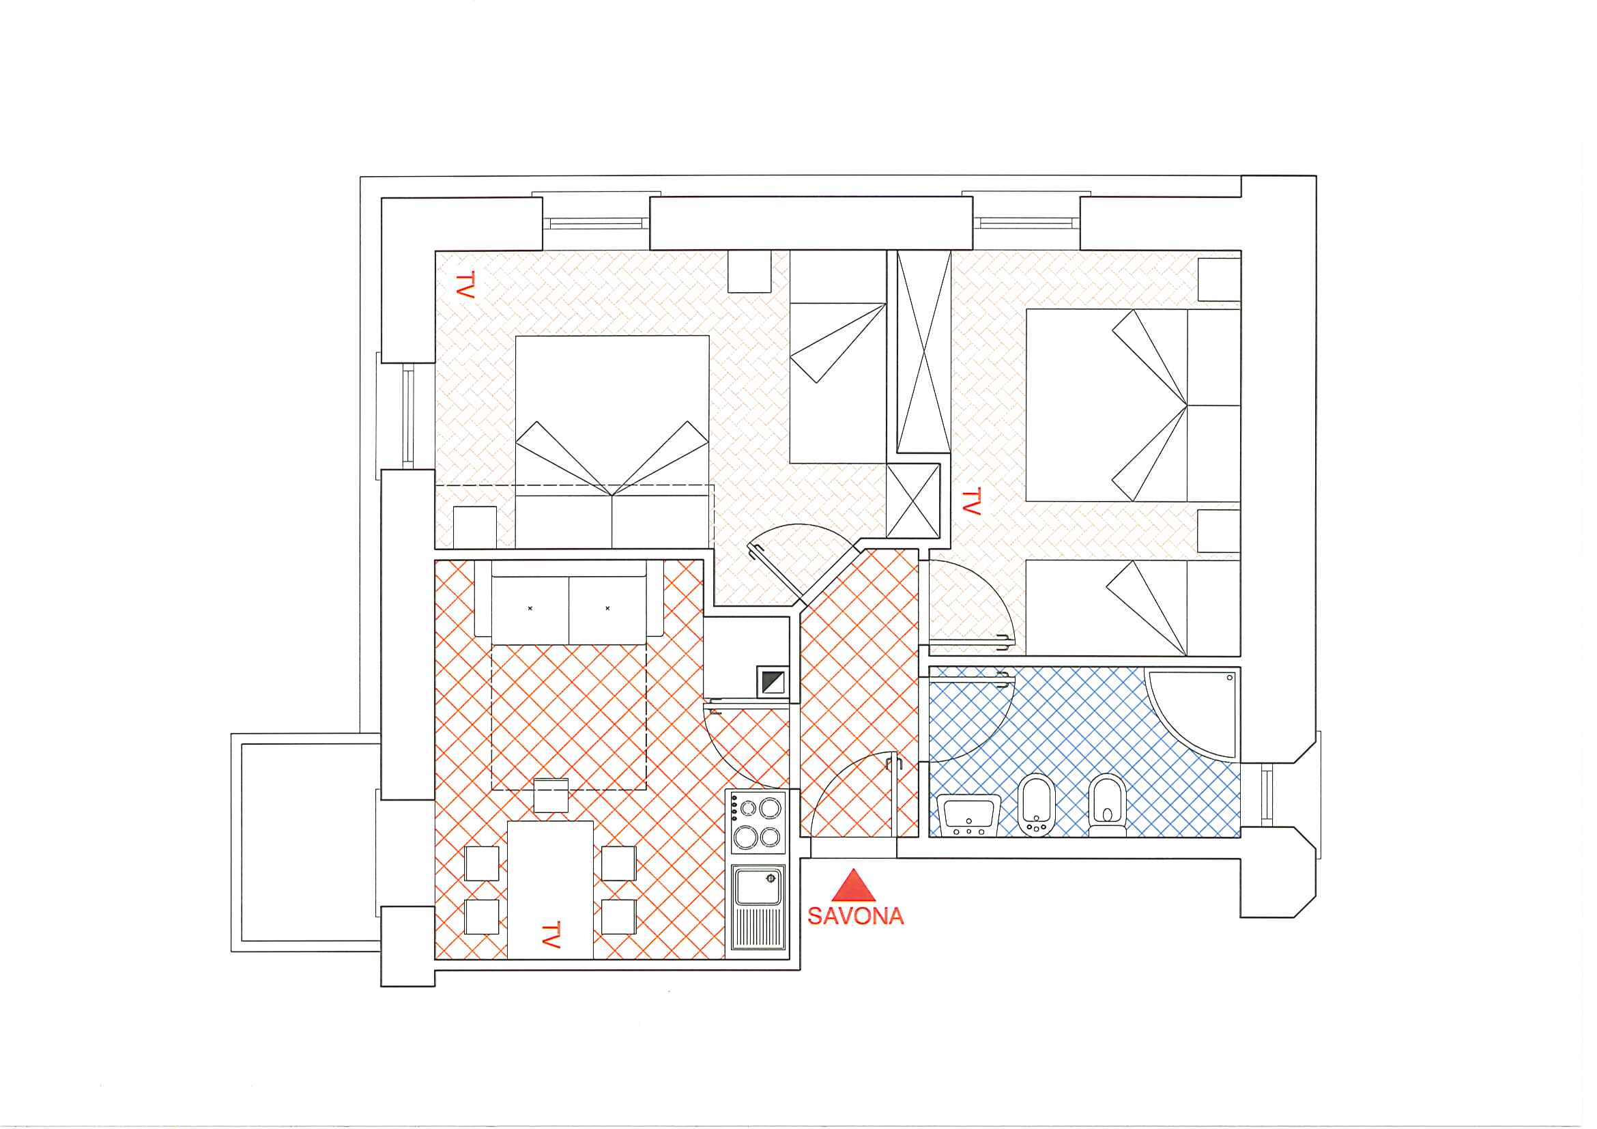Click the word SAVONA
coord(856,915)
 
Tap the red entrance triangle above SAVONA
coord(854,885)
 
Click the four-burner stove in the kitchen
coord(757,822)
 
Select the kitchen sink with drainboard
coord(758,907)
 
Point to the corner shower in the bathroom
coord(1194,713)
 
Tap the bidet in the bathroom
coord(1037,804)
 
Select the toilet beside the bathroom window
coord(1108,805)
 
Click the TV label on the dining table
coord(551,935)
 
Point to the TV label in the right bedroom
coord(971,501)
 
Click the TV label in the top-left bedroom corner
coord(465,285)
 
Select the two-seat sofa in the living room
coord(569,602)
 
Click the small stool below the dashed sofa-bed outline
coord(551,795)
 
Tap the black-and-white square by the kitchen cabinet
coord(772,682)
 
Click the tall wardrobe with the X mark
coord(923,352)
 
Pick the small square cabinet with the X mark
coord(913,501)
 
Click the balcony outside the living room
coord(306,842)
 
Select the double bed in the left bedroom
coord(612,442)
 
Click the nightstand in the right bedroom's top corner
coord(1220,280)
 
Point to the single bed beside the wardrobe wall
coord(838,357)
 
